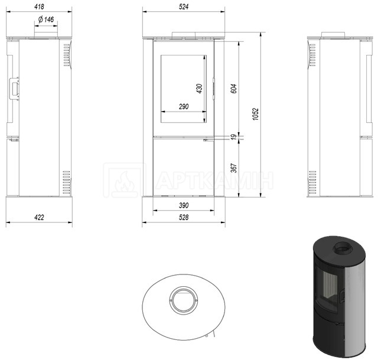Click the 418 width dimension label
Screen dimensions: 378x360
pyautogui.click(x=39, y=6)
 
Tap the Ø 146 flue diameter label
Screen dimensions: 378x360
pyautogui.click(x=46, y=19)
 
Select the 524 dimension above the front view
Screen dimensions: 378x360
pyautogui.click(x=184, y=6)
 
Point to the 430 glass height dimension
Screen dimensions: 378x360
pyautogui.click(x=199, y=89)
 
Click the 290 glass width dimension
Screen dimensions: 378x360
pyautogui.click(x=184, y=106)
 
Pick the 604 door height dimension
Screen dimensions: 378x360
pyautogui.click(x=234, y=89)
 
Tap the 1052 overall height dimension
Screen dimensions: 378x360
pyautogui.click(x=256, y=114)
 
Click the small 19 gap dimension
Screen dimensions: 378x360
pyautogui.click(x=234, y=137)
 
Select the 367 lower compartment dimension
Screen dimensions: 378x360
pyautogui.click(x=234, y=168)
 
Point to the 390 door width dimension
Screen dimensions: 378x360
pyautogui.click(x=184, y=205)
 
